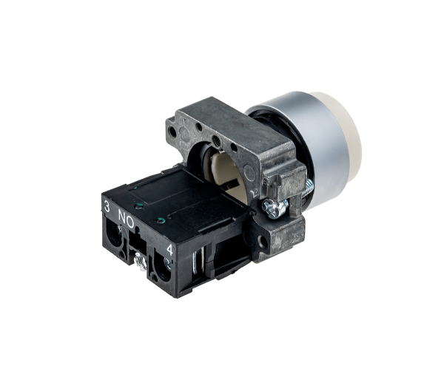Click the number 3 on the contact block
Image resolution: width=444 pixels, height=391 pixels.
pos(107,206)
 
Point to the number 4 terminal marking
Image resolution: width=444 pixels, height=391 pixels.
pos(169,250)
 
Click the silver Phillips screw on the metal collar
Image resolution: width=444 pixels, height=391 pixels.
pos(273,208)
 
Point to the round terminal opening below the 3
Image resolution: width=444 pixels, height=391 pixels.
pos(114,234)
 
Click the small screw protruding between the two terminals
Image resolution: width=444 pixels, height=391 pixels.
pos(141,262)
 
